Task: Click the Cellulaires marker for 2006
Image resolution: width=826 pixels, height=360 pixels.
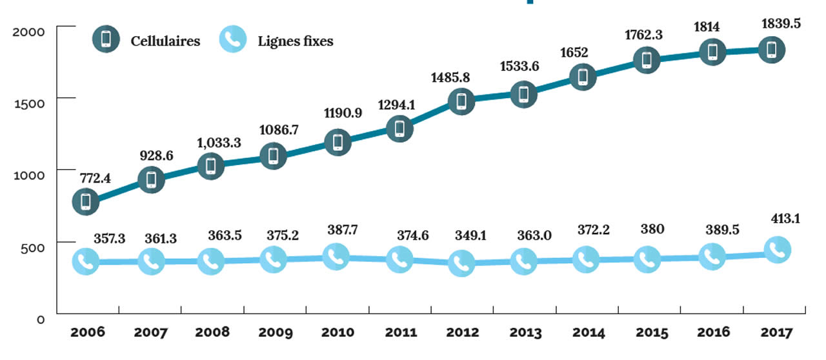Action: [86, 201]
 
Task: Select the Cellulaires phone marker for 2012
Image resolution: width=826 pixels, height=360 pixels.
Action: [461, 101]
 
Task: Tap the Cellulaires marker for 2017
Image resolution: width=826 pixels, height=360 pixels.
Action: [771, 49]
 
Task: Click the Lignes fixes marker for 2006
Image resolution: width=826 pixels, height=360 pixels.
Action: [86, 262]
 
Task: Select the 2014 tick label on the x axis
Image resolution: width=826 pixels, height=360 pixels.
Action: [587, 333]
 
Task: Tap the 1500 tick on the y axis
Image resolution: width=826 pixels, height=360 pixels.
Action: [30, 99]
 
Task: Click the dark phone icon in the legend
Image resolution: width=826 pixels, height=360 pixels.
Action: [106, 39]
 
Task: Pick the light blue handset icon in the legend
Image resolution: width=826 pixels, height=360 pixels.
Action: [233, 39]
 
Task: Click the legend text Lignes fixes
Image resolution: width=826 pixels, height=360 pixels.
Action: [296, 41]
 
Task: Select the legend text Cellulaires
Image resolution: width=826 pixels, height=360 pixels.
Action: [165, 41]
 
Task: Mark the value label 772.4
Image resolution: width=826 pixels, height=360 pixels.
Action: [96, 178]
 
